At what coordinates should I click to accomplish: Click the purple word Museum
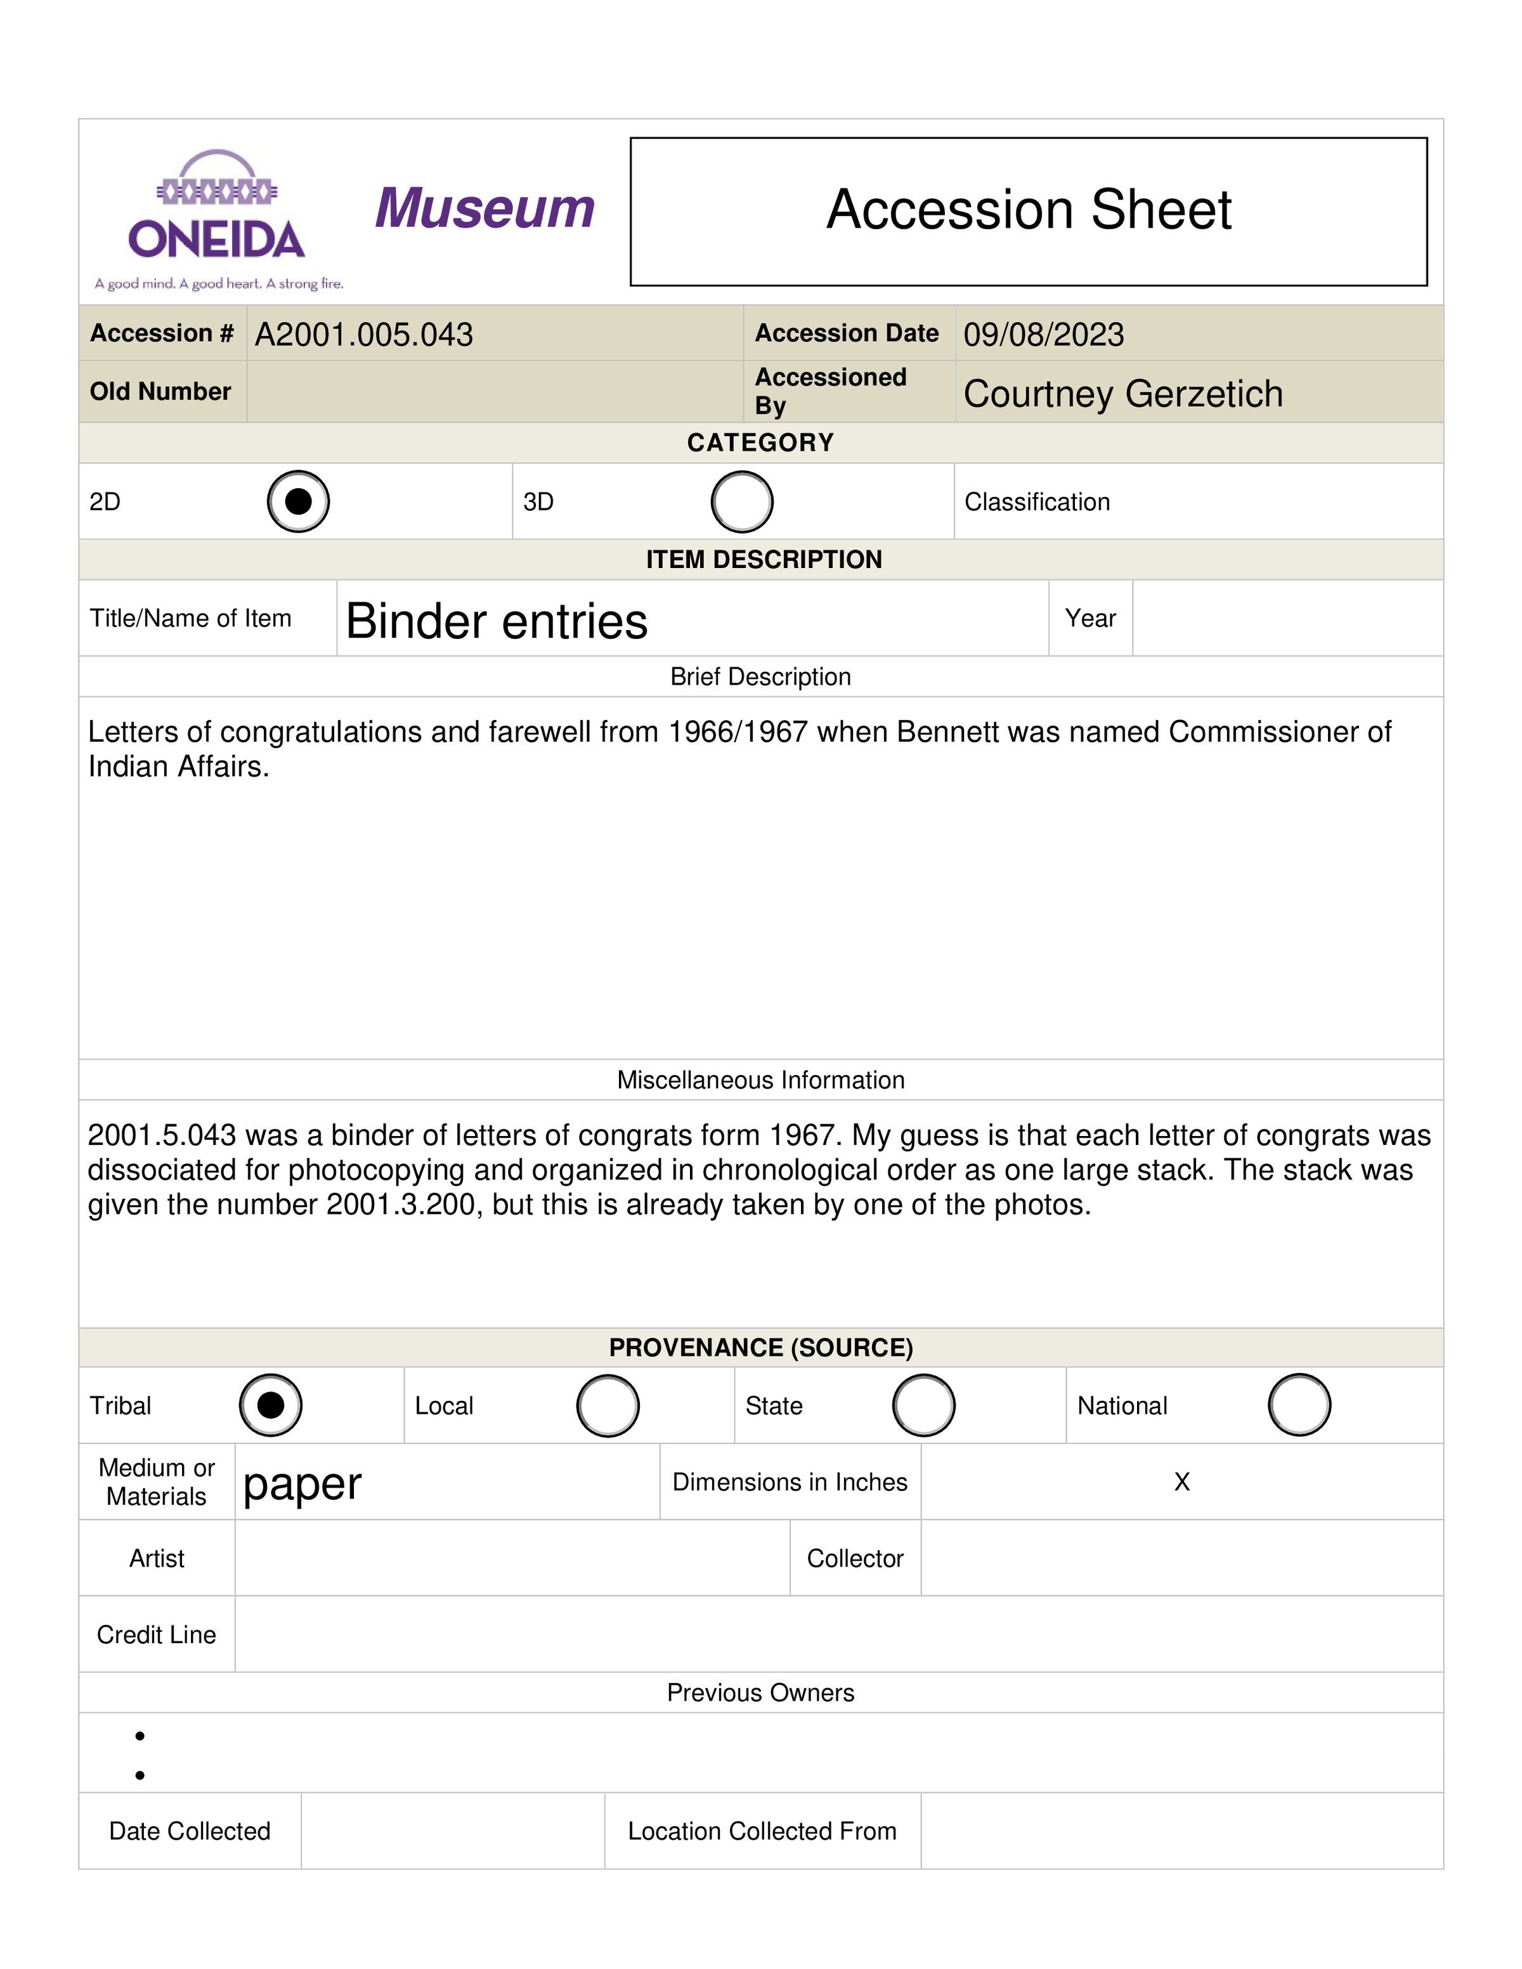pyautogui.click(x=485, y=209)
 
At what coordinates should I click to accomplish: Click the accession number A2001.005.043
pyautogui.click(x=363, y=335)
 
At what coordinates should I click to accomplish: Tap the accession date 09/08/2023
pyautogui.click(x=1043, y=335)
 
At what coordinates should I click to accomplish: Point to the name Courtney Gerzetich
pyautogui.click(x=1122, y=394)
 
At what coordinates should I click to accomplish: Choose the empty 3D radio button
pyautogui.click(x=741, y=501)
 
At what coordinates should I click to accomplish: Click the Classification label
pyautogui.click(x=1037, y=502)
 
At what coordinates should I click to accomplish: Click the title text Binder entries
pyautogui.click(x=496, y=621)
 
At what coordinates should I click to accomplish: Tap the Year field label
pyautogui.click(x=1090, y=619)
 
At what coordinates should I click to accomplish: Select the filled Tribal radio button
pyautogui.click(x=271, y=1405)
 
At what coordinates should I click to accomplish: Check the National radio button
pyautogui.click(x=1298, y=1405)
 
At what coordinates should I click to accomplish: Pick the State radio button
pyautogui.click(x=923, y=1405)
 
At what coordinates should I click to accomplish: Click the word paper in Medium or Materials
pyautogui.click(x=302, y=1484)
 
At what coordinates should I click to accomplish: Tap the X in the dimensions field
pyautogui.click(x=1182, y=1482)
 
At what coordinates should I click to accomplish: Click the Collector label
pyautogui.click(x=855, y=1559)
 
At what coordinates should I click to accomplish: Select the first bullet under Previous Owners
pyautogui.click(x=140, y=1736)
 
